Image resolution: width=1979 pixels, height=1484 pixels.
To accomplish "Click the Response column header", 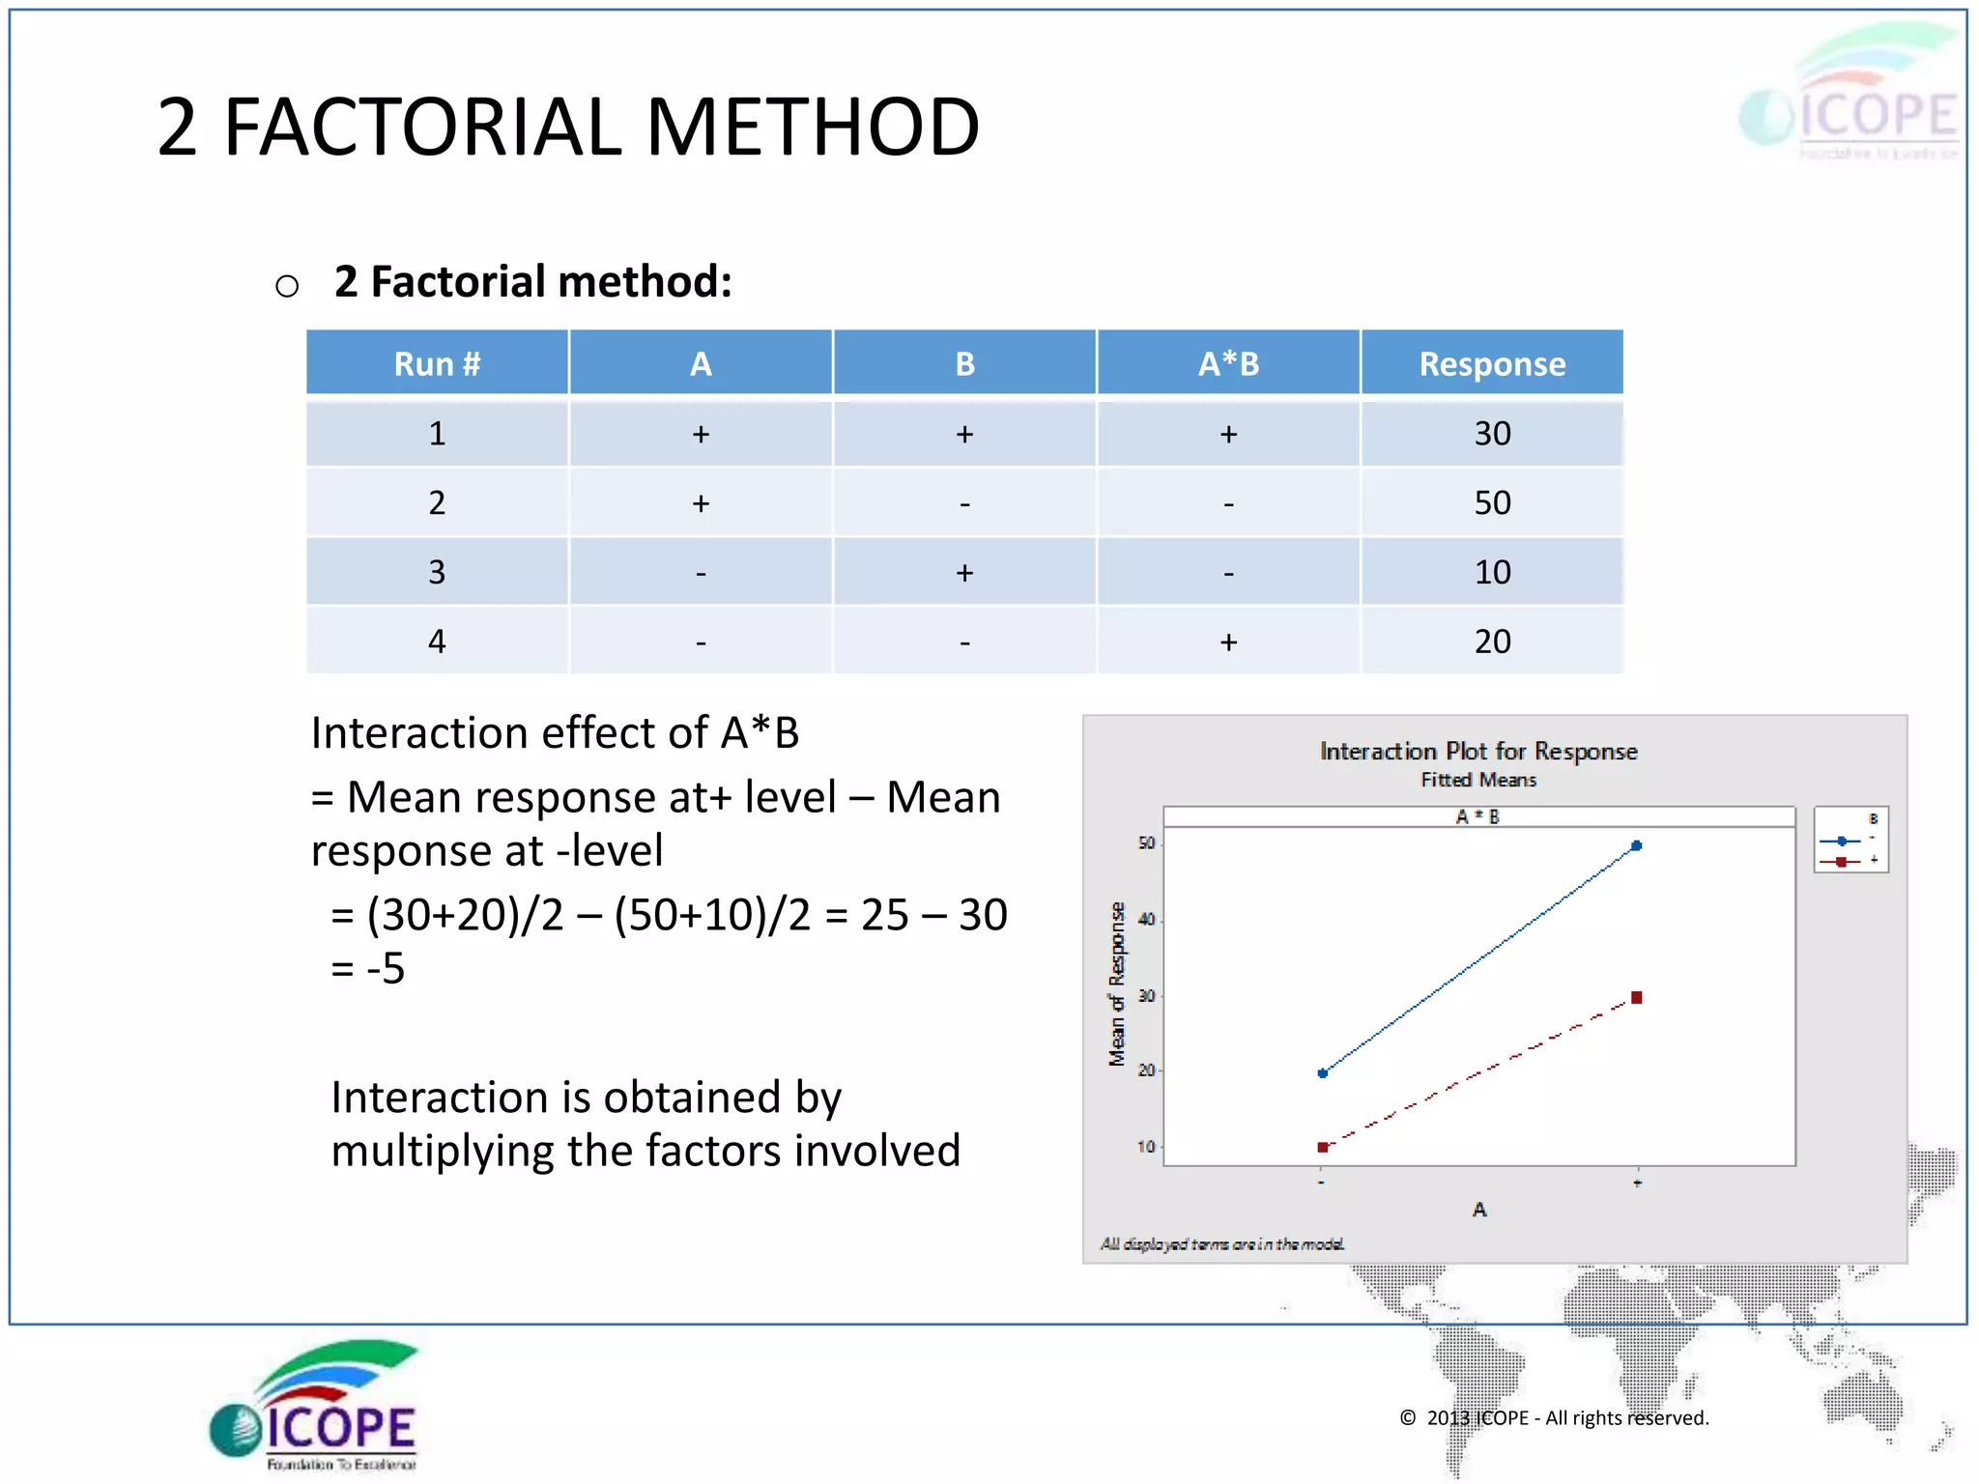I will pos(1491,364).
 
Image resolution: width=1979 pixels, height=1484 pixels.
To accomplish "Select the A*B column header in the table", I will pos(1228,364).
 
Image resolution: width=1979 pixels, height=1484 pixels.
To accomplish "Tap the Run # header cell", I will pos(437,364).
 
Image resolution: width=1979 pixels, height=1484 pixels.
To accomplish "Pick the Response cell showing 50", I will pos(1491,502).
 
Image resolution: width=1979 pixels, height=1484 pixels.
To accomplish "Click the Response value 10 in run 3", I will pos(1491,572).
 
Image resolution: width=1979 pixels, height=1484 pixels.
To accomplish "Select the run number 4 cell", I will pos(437,642).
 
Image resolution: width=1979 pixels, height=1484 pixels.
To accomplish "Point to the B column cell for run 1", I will pos(964,434).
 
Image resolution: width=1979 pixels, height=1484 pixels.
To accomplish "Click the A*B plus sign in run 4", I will pos(1228,642).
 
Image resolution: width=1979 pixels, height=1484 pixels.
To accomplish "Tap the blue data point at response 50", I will pos(1636,845).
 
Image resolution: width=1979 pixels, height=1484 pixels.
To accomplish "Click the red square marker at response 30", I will pos(1636,997).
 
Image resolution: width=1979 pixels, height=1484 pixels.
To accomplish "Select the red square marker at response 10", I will pos(1323,1147).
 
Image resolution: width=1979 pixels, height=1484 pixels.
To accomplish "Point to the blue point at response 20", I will pos(1323,1072).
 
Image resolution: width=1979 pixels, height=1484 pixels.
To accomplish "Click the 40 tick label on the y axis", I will pos(1146,919).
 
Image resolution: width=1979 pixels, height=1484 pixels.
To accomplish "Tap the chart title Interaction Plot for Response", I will pos(1477,751).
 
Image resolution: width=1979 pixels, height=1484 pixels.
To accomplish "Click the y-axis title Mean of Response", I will pos(1117,984).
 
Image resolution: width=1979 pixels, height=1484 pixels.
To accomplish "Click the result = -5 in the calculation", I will pos(368,968).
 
